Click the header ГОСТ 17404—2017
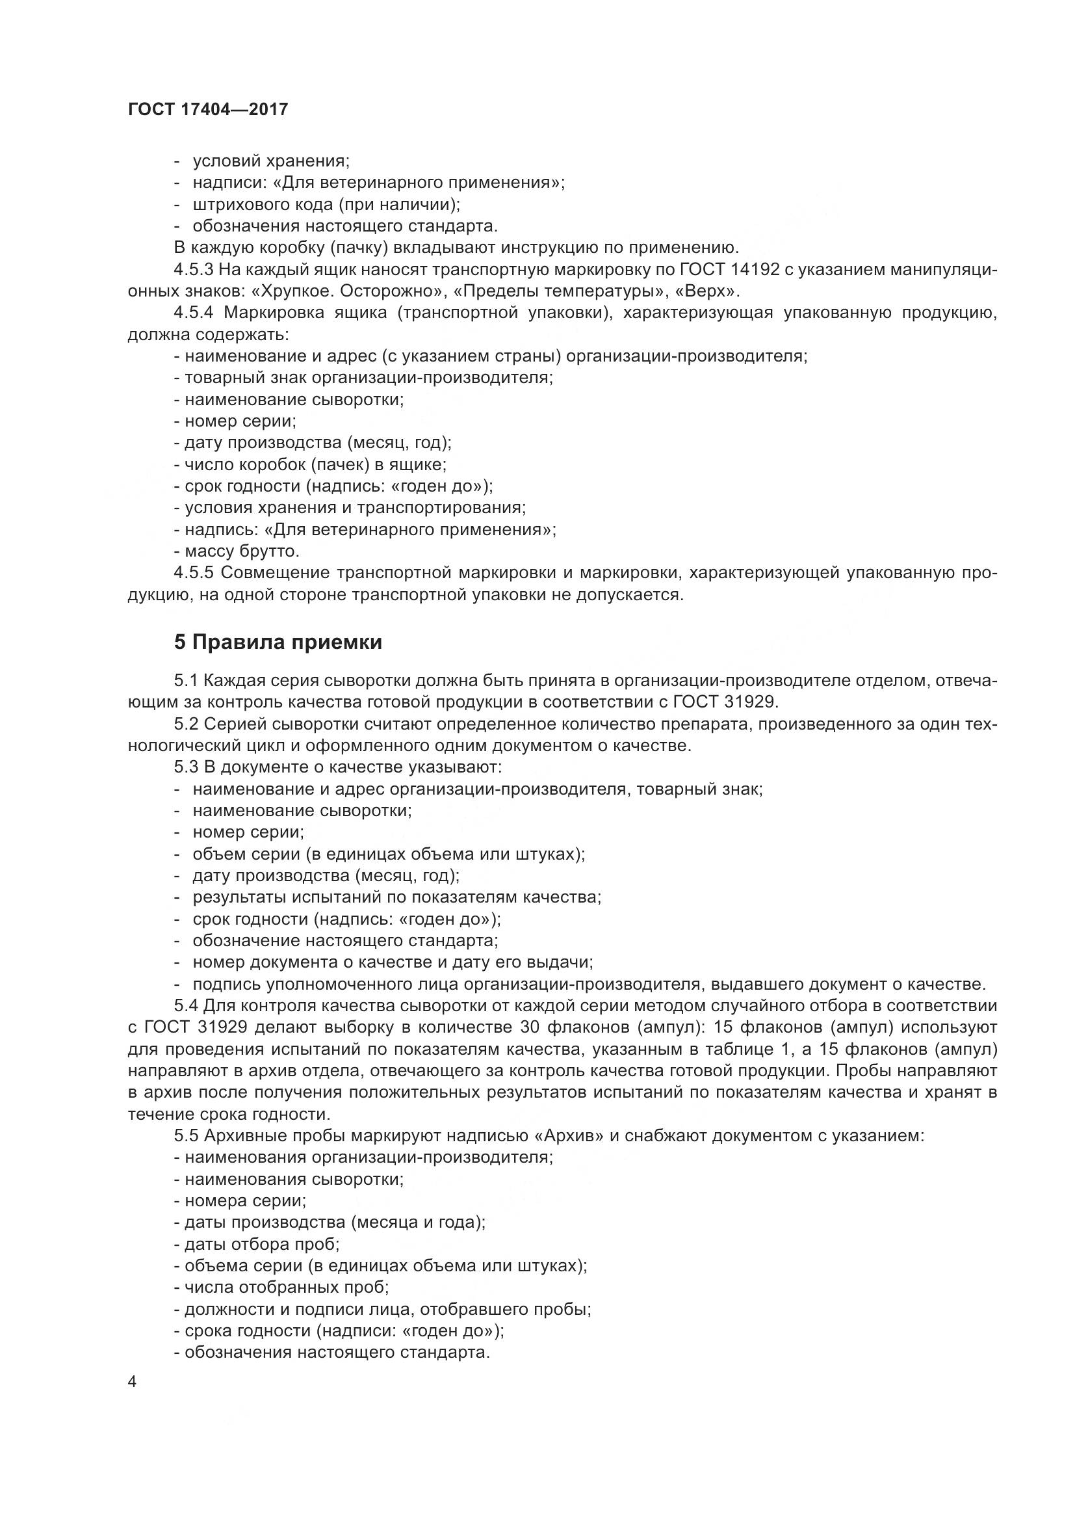coord(208,109)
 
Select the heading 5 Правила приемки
coord(278,642)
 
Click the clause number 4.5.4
coord(194,313)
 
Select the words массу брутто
coord(242,551)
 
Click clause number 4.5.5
coord(194,572)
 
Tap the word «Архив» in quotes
coord(568,1135)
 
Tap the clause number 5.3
coord(186,767)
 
